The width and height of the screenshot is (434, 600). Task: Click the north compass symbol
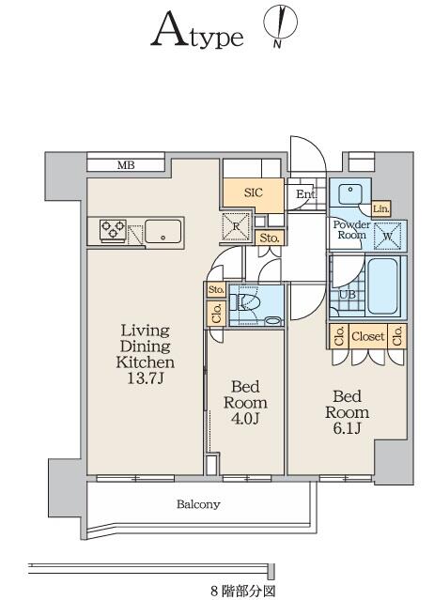[281, 24]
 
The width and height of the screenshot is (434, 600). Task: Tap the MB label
[126, 165]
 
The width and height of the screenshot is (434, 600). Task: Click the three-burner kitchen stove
[113, 230]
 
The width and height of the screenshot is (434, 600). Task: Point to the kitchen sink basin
[163, 231]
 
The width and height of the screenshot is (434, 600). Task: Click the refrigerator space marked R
[236, 226]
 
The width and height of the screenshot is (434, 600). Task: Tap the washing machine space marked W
[387, 236]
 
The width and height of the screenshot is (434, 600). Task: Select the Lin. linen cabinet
[381, 209]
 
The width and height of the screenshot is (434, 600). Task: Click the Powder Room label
[351, 230]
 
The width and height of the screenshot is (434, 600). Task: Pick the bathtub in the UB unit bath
[382, 285]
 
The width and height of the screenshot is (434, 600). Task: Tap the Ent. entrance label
[306, 194]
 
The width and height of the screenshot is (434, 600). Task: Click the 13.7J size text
[146, 378]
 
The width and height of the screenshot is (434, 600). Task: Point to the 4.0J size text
[245, 418]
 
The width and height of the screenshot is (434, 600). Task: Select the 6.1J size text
[347, 428]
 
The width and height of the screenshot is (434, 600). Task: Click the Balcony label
[198, 504]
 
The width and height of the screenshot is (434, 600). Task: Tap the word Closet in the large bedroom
[368, 336]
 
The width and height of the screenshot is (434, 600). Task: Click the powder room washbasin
[350, 193]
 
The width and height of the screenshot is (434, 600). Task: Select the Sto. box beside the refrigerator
[270, 238]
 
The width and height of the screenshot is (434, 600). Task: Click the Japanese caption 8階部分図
[242, 591]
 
